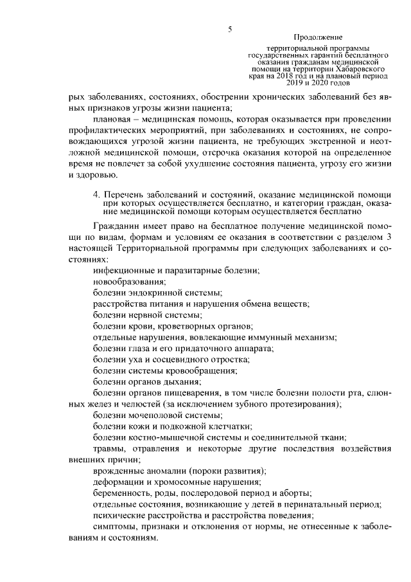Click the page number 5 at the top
point(229,28)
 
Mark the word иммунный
point(274,336)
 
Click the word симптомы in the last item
point(114,527)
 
